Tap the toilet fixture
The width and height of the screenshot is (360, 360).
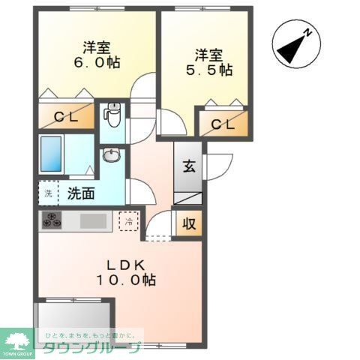tap(112, 114)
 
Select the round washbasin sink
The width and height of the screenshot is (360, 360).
tap(111, 156)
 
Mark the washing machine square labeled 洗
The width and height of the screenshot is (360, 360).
tap(47, 193)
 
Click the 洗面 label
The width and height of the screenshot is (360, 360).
tap(81, 193)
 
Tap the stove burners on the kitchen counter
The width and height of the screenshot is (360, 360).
tap(53, 221)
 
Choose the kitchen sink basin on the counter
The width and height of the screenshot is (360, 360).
tap(94, 221)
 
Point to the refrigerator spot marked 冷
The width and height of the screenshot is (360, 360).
tap(128, 221)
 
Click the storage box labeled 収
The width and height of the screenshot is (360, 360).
tap(187, 223)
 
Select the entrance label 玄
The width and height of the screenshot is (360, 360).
tap(187, 166)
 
